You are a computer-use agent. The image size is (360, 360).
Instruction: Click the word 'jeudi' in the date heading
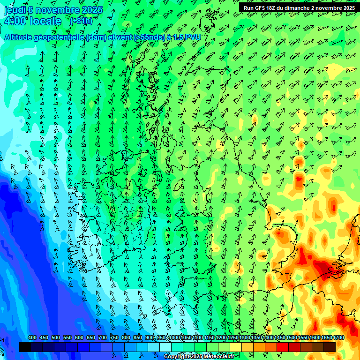point(14,9)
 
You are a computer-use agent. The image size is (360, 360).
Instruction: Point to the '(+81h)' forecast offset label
point(81,21)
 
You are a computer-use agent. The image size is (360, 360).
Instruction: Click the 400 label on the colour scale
point(32,338)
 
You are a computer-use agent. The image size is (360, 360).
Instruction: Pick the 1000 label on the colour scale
point(175,338)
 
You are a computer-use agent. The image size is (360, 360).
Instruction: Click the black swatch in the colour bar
point(25,347)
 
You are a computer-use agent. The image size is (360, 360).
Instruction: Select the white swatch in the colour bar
point(165,347)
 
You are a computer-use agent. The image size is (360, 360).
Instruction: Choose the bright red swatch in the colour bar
point(283,347)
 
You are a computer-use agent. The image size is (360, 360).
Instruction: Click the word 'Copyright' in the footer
point(177,357)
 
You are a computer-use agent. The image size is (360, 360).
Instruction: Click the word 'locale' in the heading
point(45,21)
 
